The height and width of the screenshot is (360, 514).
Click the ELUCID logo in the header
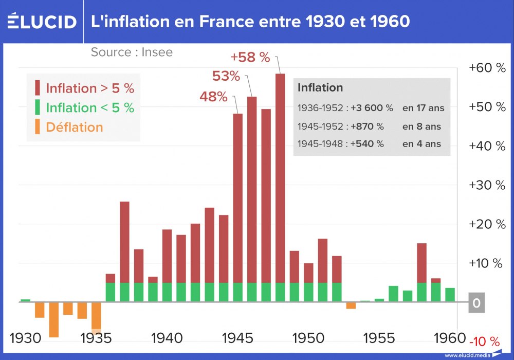[42, 22]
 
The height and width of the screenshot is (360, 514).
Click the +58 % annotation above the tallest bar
[250, 57]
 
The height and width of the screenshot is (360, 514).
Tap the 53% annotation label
[226, 76]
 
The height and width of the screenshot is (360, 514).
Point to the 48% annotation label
[213, 96]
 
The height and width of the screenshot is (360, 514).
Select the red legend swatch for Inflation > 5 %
[38, 88]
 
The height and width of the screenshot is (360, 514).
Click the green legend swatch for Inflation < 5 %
[38, 107]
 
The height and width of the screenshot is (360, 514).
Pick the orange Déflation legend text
[75, 127]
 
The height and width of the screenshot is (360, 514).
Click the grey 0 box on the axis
[476, 303]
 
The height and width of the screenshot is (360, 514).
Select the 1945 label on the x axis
[238, 338]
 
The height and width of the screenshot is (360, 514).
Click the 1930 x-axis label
[26, 338]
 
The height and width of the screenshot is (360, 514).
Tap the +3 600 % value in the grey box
[372, 108]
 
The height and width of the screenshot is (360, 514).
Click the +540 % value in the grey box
[367, 144]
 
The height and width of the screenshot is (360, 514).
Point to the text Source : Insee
[132, 52]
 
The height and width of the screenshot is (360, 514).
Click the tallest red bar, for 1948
[280, 175]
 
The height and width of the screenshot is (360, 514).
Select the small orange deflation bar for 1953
[351, 305]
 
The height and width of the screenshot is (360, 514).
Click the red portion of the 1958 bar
[421, 262]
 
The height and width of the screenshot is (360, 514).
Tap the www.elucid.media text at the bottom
[467, 355]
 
